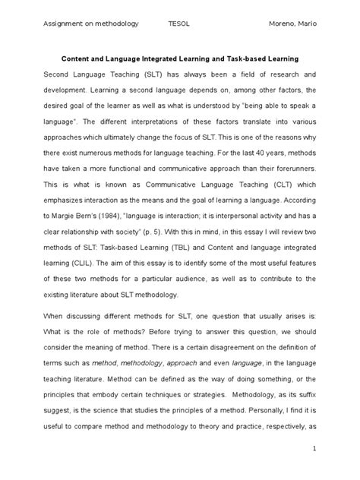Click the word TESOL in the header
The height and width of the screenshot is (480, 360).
tap(179, 24)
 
